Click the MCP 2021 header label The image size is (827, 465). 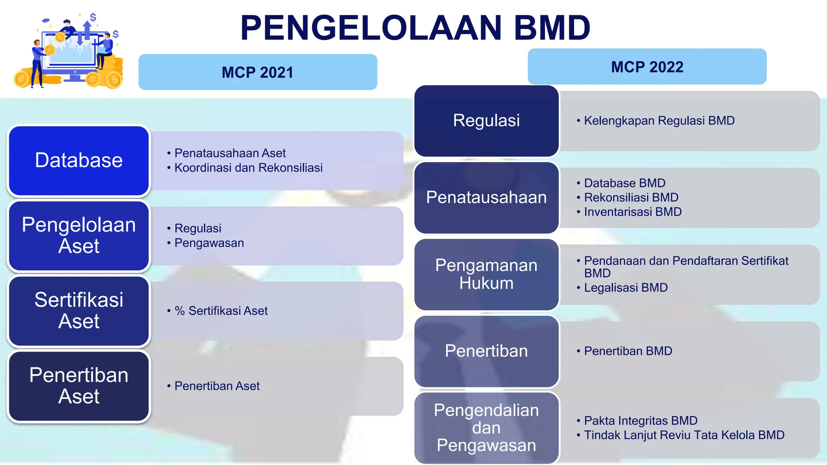[258, 72]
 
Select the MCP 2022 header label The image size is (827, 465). [647, 67]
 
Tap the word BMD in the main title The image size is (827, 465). [552, 28]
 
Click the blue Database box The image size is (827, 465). [79, 161]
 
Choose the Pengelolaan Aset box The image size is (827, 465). [79, 236]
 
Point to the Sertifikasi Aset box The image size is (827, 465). [79, 311]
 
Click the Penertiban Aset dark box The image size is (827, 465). [79, 386]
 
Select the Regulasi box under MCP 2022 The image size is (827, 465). [486, 121]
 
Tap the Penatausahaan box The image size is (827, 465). [486, 197]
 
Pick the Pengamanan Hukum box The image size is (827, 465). [486, 274]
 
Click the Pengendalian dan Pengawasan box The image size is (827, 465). [486, 428]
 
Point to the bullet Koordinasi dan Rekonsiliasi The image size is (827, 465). [248, 168]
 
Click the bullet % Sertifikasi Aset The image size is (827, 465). [221, 311]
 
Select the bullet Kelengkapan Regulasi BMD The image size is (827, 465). [659, 121]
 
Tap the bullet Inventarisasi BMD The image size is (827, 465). [632, 212]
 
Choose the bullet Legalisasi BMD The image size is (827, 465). [625, 288]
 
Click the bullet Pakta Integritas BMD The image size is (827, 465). [640, 421]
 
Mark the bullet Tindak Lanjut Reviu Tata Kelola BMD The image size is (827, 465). [684, 435]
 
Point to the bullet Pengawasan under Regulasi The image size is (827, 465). [209, 243]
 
